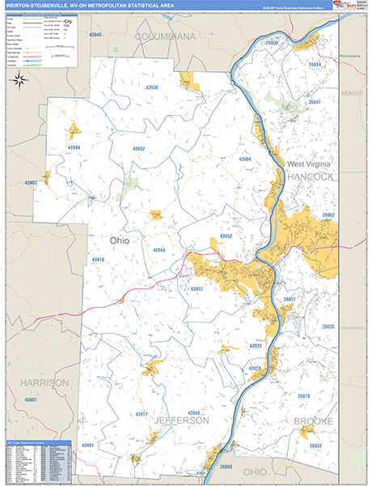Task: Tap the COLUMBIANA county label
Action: coord(166,37)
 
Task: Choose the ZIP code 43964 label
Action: coord(245,160)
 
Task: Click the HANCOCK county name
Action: coord(310,176)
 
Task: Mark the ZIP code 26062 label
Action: coord(328,215)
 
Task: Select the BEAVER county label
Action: coord(353,93)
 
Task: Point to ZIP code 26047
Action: coord(315,102)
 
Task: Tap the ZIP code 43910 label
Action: coord(98,260)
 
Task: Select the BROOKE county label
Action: coord(312,421)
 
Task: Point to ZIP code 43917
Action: coord(142,415)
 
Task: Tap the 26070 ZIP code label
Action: coord(303,396)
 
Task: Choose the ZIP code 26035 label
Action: coord(328,326)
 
